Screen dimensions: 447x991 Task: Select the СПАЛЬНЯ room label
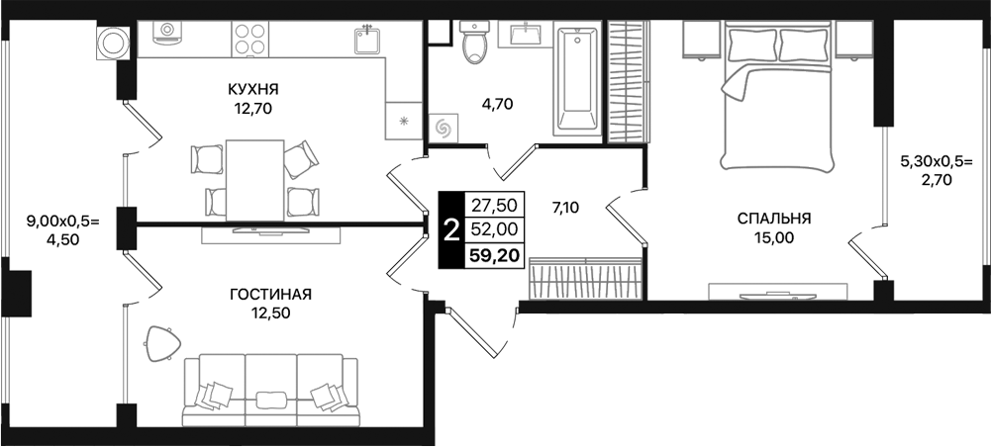coord(773,218)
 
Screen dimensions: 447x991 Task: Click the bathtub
coord(577,81)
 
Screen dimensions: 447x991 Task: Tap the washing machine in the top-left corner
coord(115,43)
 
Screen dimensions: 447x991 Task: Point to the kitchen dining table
coord(255,178)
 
